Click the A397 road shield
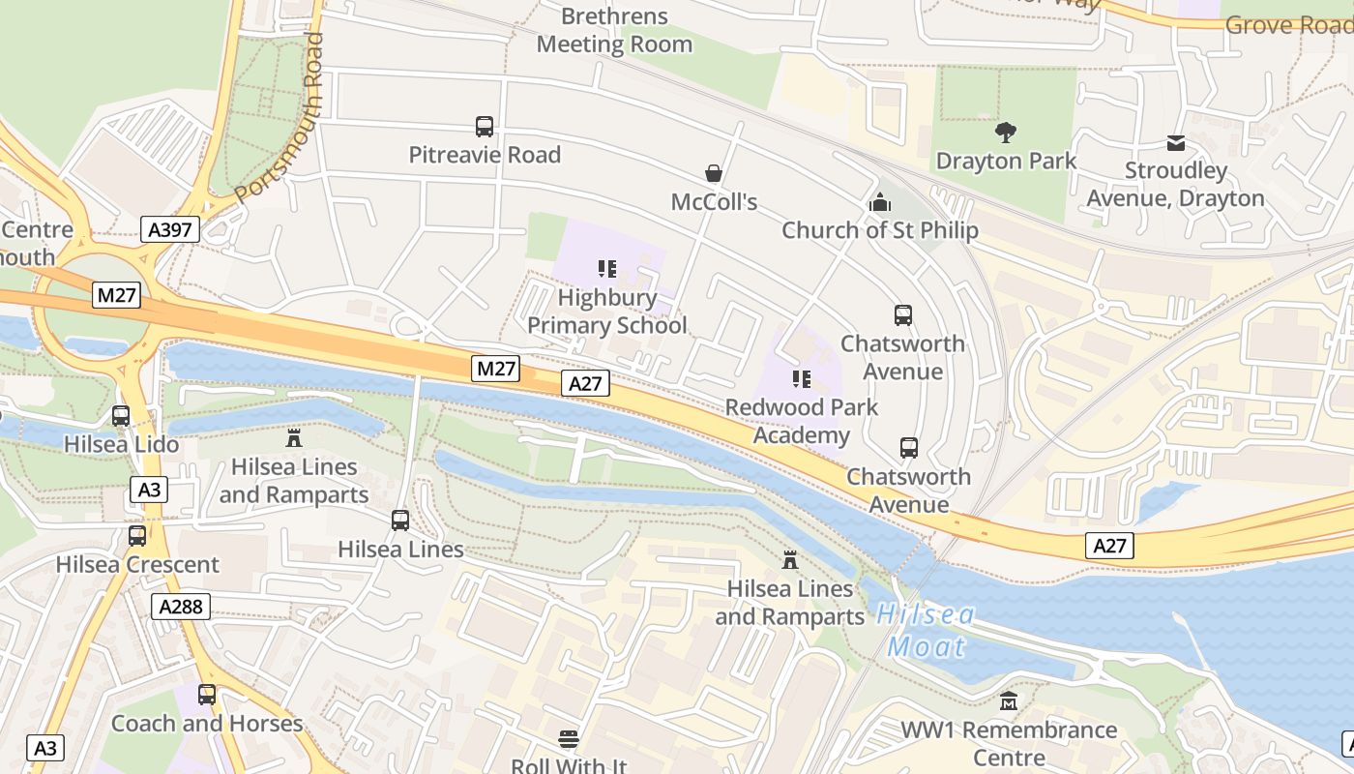pyautogui.click(x=172, y=229)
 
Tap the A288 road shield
pyautogui.click(x=180, y=607)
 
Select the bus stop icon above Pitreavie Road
pyautogui.click(x=485, y=127)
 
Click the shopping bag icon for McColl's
pyautogui.click(x=714, y=173)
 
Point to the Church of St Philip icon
pyautogui.click(x=880, y=202)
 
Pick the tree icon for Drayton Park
pyautogui.click(x=1006, y=133)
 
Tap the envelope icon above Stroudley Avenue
pyautogui.click(x=1176, y=143)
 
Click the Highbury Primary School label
pyautogui.click(x=607, y=312)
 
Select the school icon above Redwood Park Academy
pyautogui.click(x=801, y=378)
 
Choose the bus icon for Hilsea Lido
pyautogui.click(x=121, y=416)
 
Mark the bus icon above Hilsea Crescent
pyautogui.click(x=137, y=536)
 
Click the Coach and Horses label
pyautogui.click(x=207, y=724)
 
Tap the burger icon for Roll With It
pyautogui.click(x=569, y=739)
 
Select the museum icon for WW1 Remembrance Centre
pyautogui.click(x=1009, y=700)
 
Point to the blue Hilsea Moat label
pyautogui.click(x=927, y=631)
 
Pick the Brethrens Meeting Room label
pyautogui.click(x=615, y=30)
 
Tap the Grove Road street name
pyautogui.click(x=1288, y=25)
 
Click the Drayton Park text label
pyautogui.click(x=1006, y=161)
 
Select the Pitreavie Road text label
pyautogui.click(x=485, y=155)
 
